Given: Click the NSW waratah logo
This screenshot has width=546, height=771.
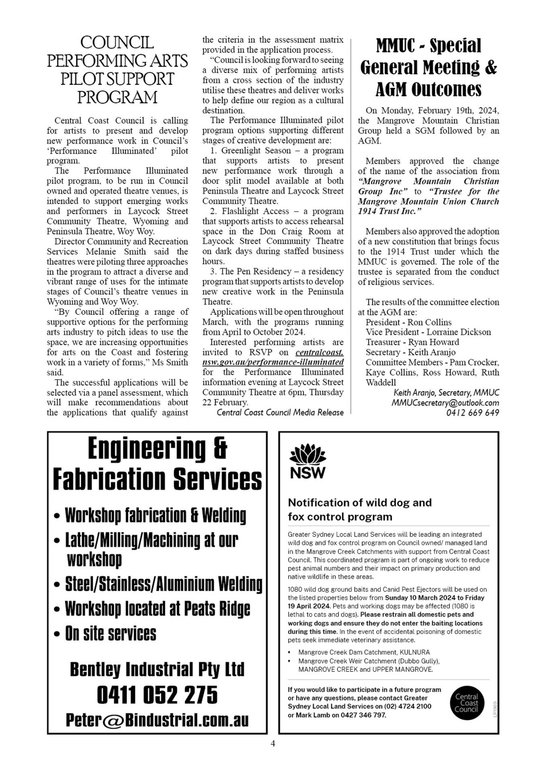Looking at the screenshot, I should (308, 461).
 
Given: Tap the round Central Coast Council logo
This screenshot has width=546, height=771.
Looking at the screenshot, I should (466, 703).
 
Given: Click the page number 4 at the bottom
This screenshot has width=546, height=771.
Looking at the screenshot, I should (273, 743).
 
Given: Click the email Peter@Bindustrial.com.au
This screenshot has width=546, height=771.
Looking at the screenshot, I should (157, 720).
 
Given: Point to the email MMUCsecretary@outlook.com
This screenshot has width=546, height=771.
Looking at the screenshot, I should (445, 403).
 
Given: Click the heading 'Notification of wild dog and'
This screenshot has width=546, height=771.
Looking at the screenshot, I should (360, 503).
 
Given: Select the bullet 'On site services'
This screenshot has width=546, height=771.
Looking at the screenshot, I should (111, 634).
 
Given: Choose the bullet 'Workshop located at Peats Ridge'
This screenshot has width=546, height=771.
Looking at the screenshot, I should (157, 609).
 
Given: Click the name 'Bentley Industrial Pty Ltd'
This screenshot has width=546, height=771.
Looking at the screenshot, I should (157, 669).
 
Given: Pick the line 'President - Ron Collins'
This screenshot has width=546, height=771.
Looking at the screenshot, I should (408, 322).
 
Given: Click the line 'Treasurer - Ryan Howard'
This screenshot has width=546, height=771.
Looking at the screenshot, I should (412, 342).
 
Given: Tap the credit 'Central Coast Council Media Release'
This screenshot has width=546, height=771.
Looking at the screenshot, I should (280, 412).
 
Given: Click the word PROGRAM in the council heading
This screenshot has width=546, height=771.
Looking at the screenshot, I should (117, 98).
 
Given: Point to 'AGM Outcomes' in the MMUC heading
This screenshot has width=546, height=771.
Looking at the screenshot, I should (429, 89).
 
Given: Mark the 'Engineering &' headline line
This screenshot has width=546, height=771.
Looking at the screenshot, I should (157, 449).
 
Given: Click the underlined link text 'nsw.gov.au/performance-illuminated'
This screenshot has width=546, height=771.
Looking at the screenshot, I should (273, 362).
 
